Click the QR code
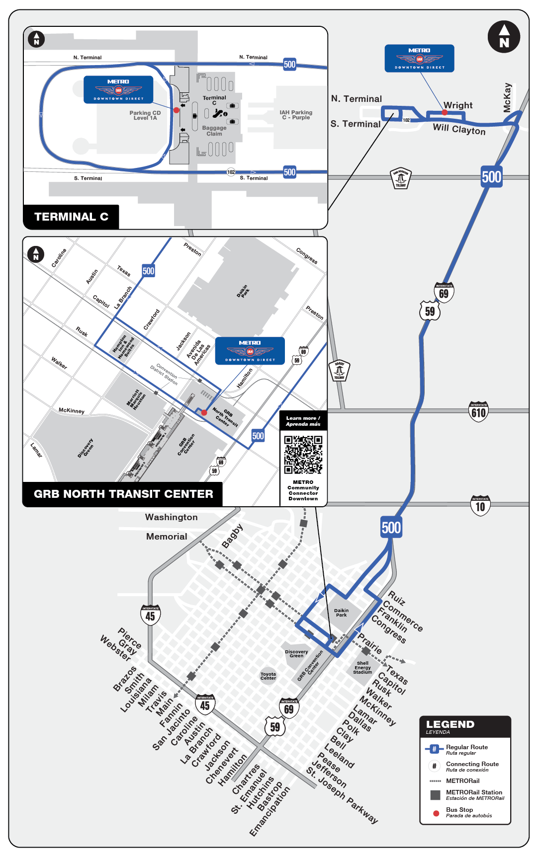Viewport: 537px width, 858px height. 303,455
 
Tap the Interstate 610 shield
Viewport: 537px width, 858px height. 478,412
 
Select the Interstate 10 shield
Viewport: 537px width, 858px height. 480,506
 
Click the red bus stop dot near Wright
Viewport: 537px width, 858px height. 445,113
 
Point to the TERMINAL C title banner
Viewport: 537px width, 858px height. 71,217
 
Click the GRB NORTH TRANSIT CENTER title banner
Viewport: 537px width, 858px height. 123,494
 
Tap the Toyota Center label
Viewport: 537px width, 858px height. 268,676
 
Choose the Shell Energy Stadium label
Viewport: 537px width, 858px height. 362,668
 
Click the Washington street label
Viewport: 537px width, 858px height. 172,517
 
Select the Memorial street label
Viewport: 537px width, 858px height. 167,537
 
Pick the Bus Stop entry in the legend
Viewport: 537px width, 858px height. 459,812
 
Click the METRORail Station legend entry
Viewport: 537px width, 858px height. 474,794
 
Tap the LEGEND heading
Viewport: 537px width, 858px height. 450,725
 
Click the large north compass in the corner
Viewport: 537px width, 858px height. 504,37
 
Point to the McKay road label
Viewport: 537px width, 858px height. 507,97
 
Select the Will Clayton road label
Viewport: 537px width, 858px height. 459,129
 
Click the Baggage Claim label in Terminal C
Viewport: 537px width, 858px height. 214,131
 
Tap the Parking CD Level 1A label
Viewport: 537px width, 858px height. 145,115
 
